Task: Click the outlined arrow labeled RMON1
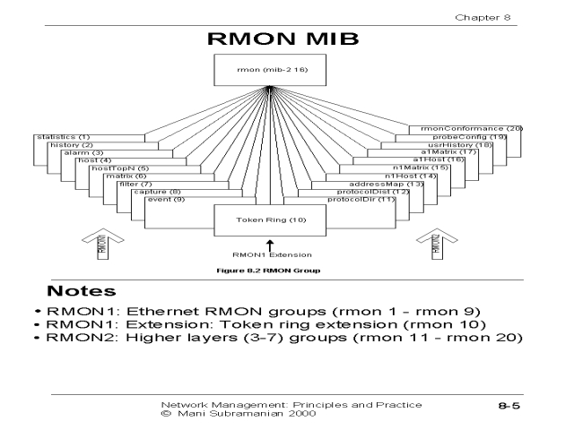point(100,244)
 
